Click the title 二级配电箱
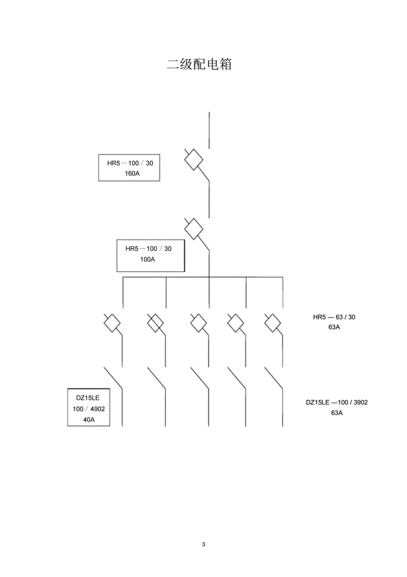click(199, 64)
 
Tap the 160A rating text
click(132, 173)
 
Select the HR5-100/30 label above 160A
click(130, 163)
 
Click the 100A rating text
click(147, 260)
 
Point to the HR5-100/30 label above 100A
click(148, 249)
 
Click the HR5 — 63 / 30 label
click(334, 317)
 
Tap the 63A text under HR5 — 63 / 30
click(334, 327)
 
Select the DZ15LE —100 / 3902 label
click(336, 402)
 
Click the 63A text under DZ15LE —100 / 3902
click(336, 413)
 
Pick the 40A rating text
click(89, 419)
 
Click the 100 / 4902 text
click(89, 409)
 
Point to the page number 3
click(203, 544)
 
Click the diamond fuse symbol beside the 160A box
click(194, 159)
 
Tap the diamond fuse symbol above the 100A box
click(194, 229)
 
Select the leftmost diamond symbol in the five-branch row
click(112, 324)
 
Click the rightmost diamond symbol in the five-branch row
click(273, 324)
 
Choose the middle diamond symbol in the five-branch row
click(199, 324)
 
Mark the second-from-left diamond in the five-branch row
click(155, 324)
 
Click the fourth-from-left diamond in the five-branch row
click(236, 324)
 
